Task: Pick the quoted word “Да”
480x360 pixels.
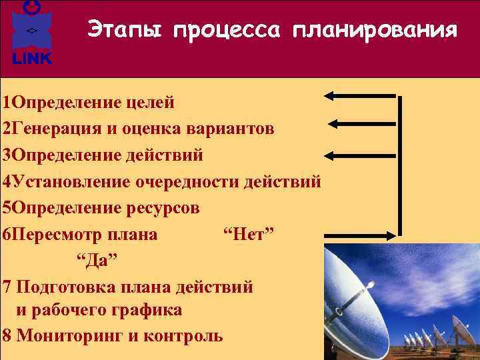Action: tap(96, 260)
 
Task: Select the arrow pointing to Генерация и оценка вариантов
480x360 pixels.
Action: tap(363, 123)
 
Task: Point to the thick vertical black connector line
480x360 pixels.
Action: tap(400, 167)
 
